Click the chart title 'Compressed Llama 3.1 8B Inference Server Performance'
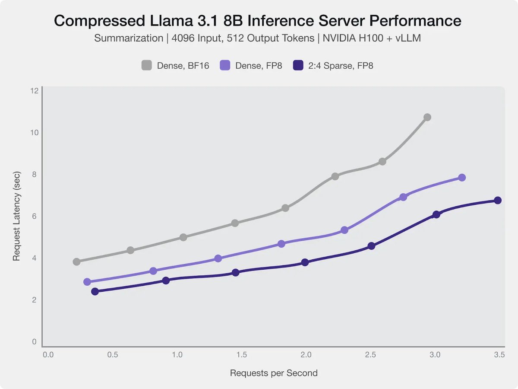(258, 20)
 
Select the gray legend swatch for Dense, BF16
(147, 66)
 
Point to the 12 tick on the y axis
(35, 90)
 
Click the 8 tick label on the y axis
(35, 174)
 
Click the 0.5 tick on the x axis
(113, 355)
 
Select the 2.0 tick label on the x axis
(306, 355)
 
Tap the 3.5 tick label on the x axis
(499, 355)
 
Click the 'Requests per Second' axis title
(274, 373)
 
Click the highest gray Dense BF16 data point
(427, 117)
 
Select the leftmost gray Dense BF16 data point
(77, 261)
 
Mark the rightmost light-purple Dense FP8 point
(462, 178)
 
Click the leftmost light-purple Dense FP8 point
(87, 282)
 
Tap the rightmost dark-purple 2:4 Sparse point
(498, 200)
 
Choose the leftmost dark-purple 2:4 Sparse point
(95, 291)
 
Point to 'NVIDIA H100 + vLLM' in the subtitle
(370, 38)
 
